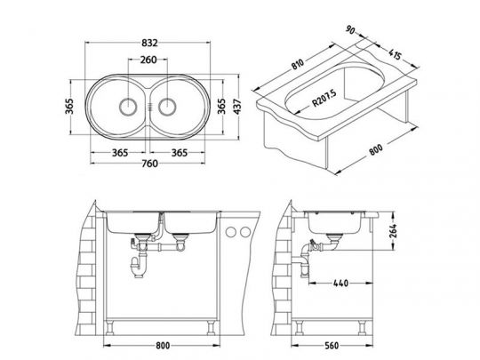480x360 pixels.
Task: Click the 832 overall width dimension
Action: pos(149,43)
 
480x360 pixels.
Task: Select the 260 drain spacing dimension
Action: pos(148,60)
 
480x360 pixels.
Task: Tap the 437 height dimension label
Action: pos(237,107)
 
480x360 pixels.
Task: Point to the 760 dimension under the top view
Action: pos(149,164)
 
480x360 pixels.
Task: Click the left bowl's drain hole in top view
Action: pos(127,107)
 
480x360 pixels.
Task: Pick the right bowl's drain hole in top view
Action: pos(167,107)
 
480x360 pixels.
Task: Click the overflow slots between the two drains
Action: pos(149,107)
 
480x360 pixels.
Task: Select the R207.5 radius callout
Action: pos(324,98)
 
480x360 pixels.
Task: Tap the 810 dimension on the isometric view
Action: pos(297,64)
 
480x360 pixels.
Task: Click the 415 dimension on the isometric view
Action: pos(395,54)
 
